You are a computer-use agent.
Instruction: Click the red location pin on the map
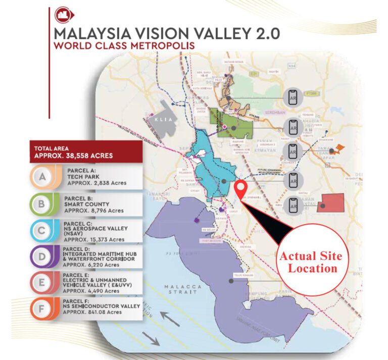[242, 190]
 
